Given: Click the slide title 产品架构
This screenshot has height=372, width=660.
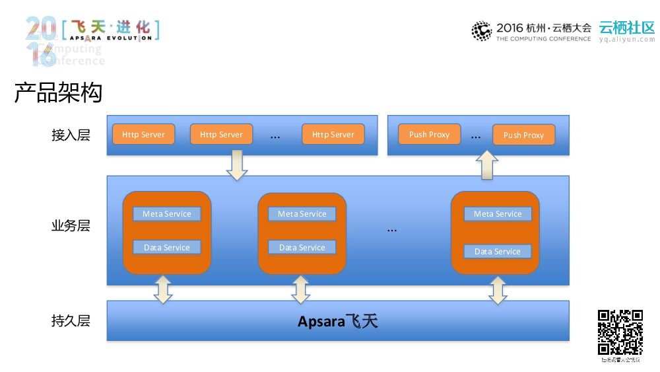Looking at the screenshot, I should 58,93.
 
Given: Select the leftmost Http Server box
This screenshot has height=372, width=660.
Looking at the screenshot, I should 143,134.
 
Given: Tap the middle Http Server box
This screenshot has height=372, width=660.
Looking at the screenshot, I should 221,134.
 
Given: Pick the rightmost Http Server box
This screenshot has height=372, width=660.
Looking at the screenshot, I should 333,134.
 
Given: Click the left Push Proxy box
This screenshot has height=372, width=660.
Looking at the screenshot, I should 429,134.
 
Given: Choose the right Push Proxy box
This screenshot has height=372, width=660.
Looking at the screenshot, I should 523,135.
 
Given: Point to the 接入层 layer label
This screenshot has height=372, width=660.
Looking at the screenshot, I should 71,135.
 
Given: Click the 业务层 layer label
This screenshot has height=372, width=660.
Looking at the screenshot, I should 71,226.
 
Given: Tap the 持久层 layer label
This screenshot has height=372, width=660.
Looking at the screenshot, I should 71,321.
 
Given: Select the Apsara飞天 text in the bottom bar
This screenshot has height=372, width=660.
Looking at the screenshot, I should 337,322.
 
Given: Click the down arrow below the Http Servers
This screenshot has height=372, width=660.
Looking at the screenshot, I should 237,165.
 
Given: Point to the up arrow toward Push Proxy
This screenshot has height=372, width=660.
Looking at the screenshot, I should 486,165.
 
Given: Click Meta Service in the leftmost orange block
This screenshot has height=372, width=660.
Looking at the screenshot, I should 166,214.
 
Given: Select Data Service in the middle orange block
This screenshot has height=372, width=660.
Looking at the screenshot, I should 302,248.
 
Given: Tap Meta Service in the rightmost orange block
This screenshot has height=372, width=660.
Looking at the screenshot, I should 498,214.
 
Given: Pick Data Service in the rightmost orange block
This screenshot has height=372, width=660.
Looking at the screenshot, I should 498,252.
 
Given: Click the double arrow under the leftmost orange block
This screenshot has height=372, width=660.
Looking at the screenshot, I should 162,289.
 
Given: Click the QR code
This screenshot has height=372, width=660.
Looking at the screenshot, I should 620,332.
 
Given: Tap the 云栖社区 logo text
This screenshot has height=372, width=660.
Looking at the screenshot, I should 626,28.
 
